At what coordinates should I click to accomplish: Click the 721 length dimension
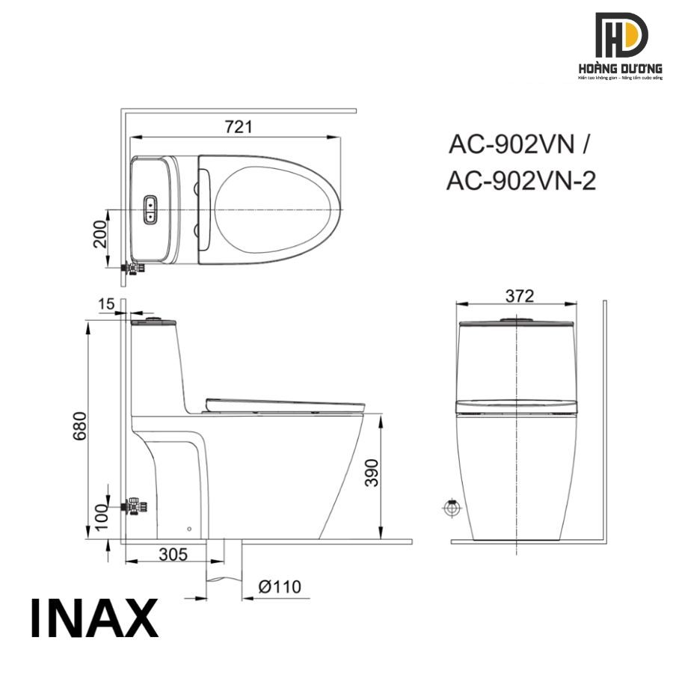point(237,127)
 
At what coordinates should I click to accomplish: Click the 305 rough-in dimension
point(173,554)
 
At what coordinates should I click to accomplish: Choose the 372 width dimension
point(518,296)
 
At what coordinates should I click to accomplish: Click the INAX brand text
point(94,618)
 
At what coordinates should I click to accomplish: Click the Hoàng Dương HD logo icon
point(621,34)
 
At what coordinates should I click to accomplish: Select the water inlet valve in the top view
point(133,267)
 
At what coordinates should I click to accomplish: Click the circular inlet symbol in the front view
point(451,508)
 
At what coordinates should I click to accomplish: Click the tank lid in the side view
point(154,322)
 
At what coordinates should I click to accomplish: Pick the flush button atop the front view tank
point(517,320)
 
